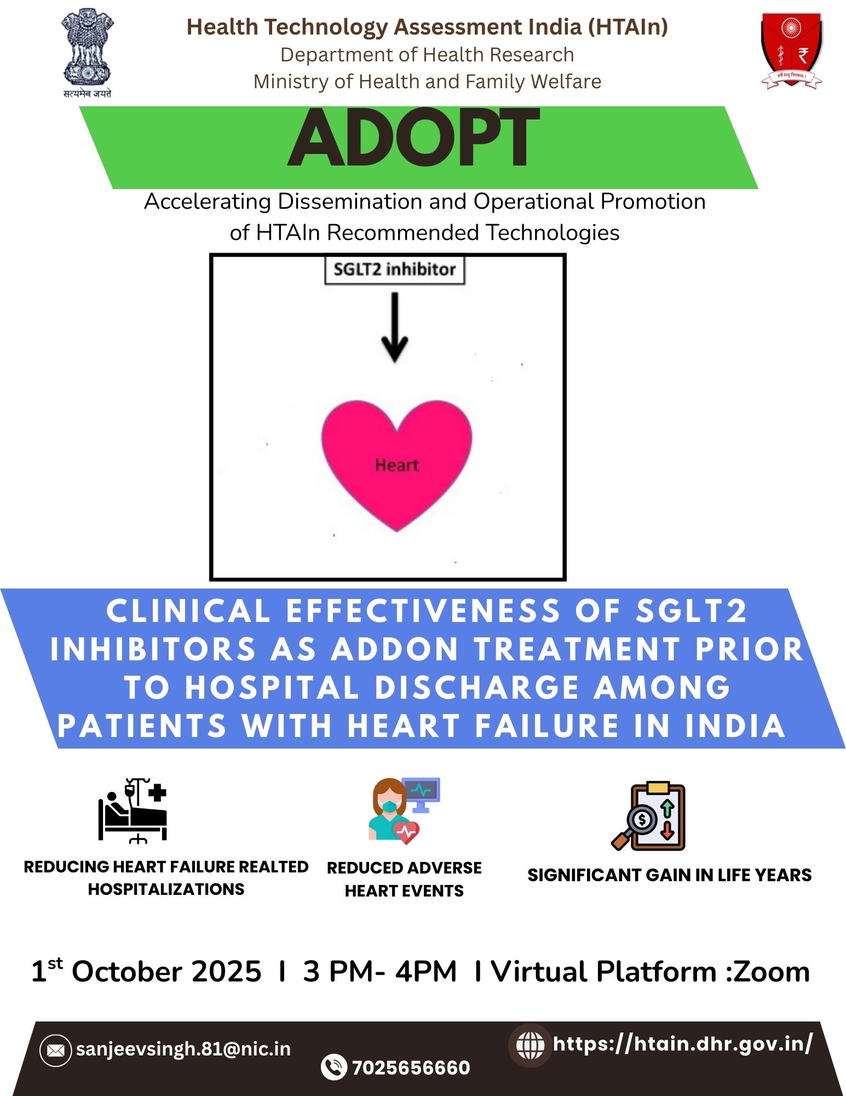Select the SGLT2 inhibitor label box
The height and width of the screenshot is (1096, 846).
tap(395, 270)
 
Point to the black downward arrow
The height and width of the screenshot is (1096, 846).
tap(395, 327)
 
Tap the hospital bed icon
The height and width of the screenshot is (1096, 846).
tap(133, 810)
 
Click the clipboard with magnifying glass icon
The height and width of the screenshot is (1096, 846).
tap(649, 816)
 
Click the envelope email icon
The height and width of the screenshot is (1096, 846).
tap(55, 1050)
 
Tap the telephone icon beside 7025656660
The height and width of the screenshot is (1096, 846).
tap(333, 1067)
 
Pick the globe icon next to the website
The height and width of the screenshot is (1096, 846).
tap(530, 1045)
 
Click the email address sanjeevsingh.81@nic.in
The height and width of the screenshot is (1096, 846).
tap(183, 1049)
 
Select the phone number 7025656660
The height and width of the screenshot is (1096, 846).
tap(411, 1068)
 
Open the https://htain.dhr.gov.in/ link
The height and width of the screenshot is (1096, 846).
tap(683, 1043)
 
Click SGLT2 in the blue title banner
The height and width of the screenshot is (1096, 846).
tap(691, 611)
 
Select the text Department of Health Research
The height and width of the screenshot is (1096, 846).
tap(427, 55)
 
